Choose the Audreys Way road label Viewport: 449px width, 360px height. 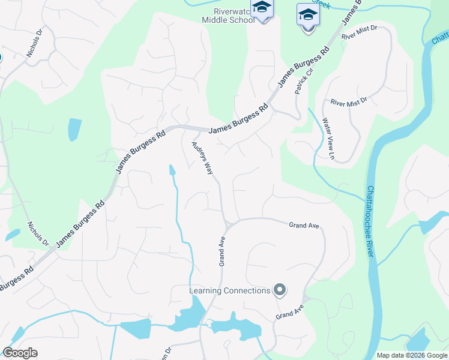tap(202, 158)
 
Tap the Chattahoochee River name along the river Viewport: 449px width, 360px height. tap(370, 222)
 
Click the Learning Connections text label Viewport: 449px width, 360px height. tap(230, 291)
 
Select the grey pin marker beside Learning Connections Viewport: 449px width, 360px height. tap(279, 290)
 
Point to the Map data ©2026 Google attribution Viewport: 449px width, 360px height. tap(412, 355)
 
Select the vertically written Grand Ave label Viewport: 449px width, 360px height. tap(221, 251)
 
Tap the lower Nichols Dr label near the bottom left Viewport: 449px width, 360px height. tap(38, 234)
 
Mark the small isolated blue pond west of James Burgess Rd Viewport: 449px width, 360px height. tap(74, 129)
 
